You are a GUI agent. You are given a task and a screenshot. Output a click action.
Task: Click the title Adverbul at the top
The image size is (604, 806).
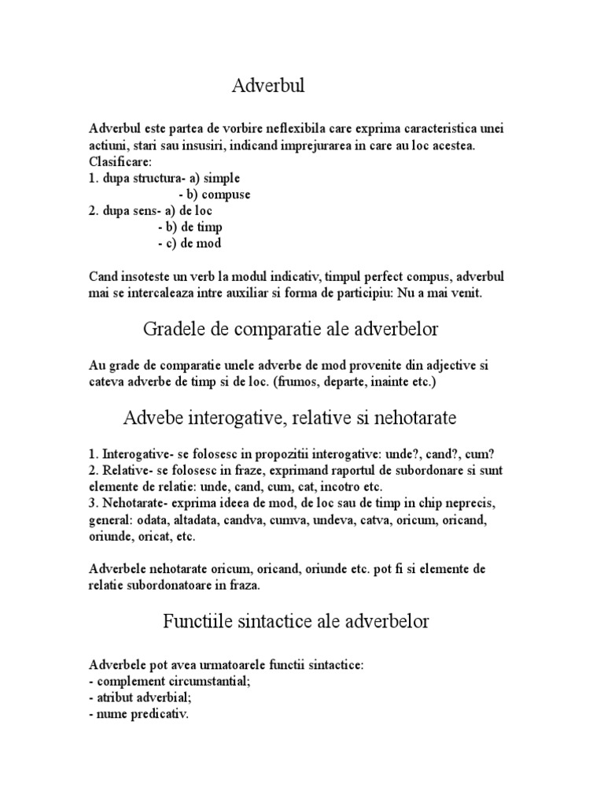point(268,85)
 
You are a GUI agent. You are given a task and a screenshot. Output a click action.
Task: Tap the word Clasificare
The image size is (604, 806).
point(120,161)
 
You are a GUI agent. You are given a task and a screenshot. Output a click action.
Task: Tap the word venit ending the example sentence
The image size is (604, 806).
point(473,293)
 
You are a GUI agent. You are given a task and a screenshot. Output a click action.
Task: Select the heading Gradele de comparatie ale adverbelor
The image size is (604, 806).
point(296,329)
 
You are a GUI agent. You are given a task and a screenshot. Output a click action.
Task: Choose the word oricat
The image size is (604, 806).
point(148,537)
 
